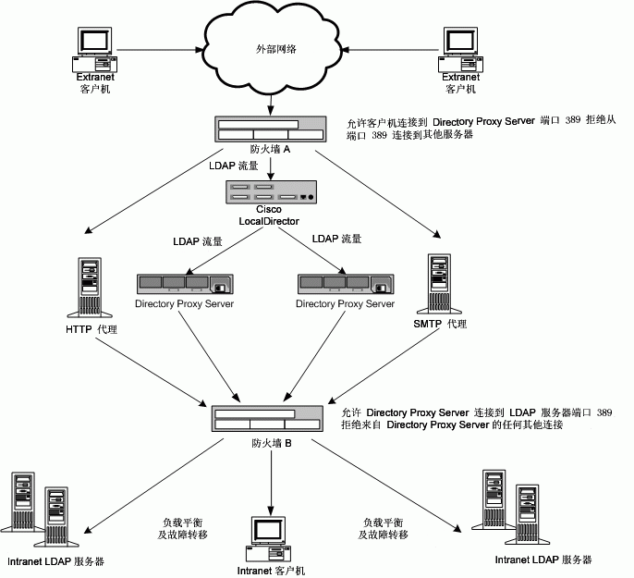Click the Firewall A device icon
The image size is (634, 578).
tap(271, 129)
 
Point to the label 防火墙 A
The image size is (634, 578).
tap(271, 149)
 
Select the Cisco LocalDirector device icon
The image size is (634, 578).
tap(273, 191)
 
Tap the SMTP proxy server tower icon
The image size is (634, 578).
tap(440, 283)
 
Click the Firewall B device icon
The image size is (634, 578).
tap(266, 418)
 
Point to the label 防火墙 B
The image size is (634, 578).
tap(272, 443)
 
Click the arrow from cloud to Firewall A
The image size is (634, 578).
tap(271, 105)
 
